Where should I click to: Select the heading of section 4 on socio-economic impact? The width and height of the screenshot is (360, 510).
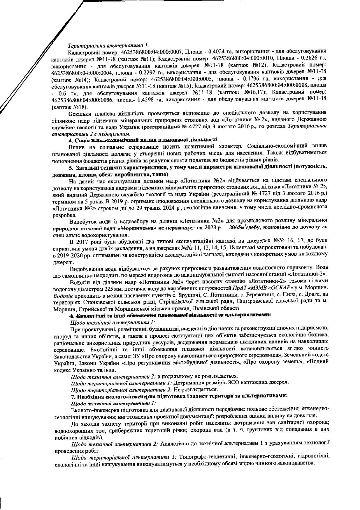click(x=143, y=140)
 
